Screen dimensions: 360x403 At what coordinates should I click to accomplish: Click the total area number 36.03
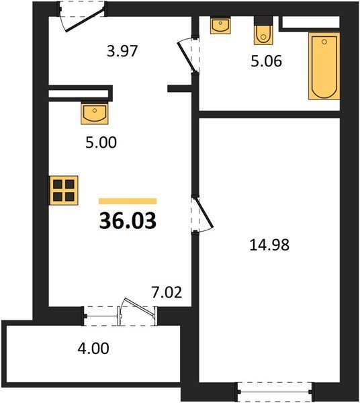(x=128, y=221)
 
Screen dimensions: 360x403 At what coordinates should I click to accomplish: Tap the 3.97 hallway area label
(x=122, y=51)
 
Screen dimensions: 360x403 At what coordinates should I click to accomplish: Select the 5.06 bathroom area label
(x=267, y=61)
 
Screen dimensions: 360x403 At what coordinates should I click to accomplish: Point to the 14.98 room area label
(x=269, y=244)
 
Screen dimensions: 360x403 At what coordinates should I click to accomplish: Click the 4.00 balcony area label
(x=93, y=349)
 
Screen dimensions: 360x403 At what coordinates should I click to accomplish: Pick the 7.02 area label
(x=167, y=292)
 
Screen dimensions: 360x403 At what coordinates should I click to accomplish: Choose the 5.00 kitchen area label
(x=101, y=142)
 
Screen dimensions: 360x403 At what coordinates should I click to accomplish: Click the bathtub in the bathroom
(x=324, y=66)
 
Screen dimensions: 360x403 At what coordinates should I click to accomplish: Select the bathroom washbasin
(x=220, y=26)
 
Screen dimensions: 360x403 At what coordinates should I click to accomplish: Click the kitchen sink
(x=95, y=113)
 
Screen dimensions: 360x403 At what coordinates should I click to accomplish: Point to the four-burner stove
(x=63, y=191)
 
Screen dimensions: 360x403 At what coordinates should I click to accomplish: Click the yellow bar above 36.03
(x=128, y=201)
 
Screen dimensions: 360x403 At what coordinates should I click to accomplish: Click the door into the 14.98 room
(x=204, y=213)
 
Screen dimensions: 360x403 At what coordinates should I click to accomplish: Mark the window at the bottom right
(x=275, y=392)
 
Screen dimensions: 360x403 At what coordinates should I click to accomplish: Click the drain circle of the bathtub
(x=324, y=42)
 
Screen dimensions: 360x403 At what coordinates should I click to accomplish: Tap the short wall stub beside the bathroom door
(x=180, y=89)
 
